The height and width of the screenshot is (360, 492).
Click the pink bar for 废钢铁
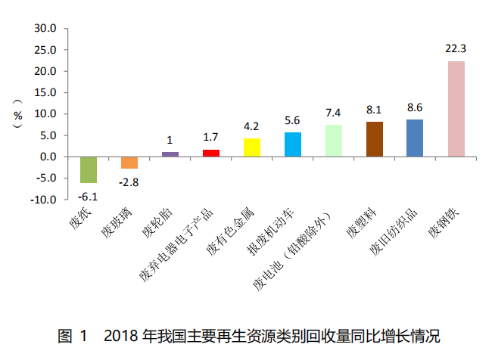(456, 109)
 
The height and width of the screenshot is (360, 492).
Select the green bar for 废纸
(89, 169)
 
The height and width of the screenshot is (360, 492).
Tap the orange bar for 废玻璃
(129, 163)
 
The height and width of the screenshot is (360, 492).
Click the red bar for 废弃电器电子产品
(211, 153)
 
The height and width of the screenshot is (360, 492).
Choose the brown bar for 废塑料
(374, 139)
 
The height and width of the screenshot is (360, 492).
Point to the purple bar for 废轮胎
(170, 154)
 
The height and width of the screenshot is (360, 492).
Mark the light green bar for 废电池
(334, 141)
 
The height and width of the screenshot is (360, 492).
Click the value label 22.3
(456, 49)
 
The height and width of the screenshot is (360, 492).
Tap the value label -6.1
(89, 195)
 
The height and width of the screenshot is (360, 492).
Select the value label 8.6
(415, 107)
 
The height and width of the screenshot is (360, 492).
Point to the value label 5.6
(293, 120)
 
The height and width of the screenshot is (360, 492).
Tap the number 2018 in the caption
(120, 335)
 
